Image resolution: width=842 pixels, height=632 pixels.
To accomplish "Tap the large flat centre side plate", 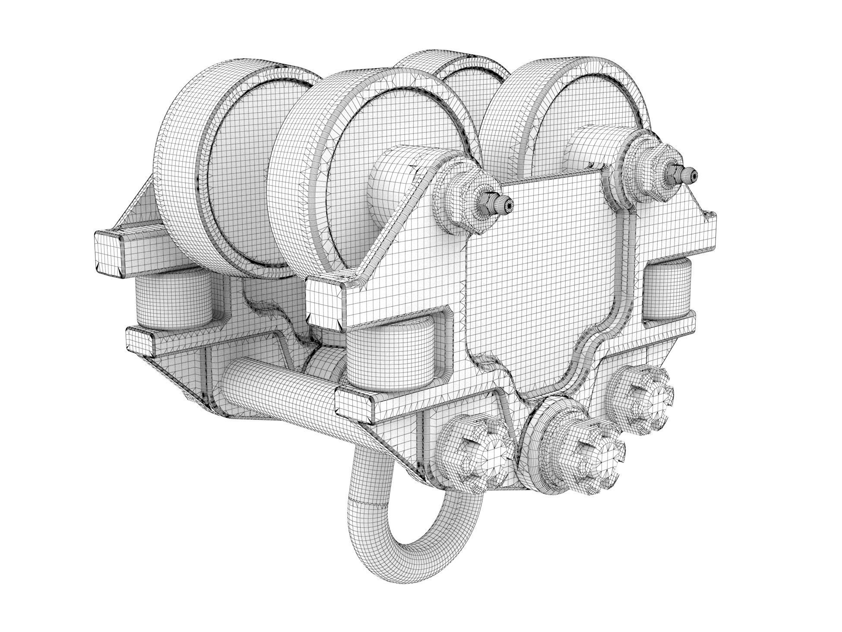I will click(540, 276).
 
